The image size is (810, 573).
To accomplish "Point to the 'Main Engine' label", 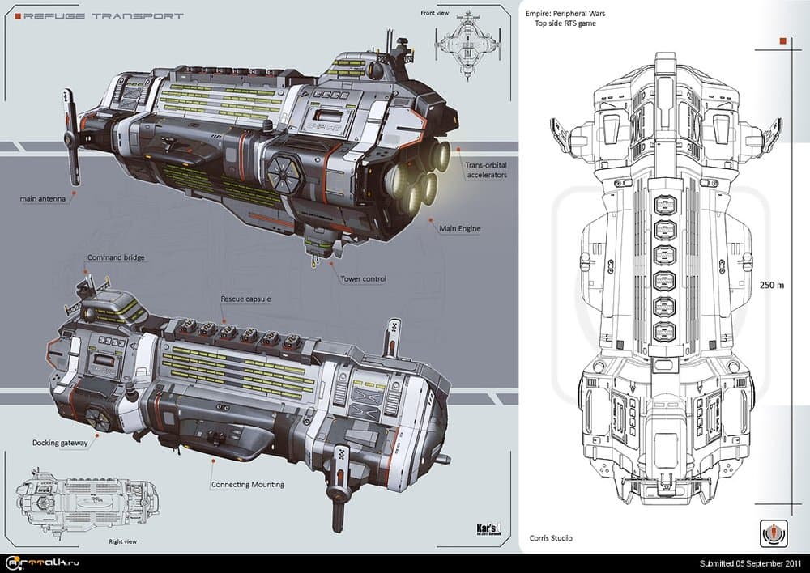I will (x=459, y=229).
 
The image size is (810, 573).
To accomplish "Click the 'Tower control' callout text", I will (x=363, y=278).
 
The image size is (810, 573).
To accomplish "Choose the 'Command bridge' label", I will (x=116, y=257).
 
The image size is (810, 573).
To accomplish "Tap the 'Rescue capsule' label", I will (x=245, y=299).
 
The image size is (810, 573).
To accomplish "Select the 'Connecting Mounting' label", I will (x=247, y=484).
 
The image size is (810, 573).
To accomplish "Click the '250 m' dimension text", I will (x=771, y=284).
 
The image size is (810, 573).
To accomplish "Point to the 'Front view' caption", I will (x=434, y=13).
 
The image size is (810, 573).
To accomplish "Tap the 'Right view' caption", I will (x=122, y=542).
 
